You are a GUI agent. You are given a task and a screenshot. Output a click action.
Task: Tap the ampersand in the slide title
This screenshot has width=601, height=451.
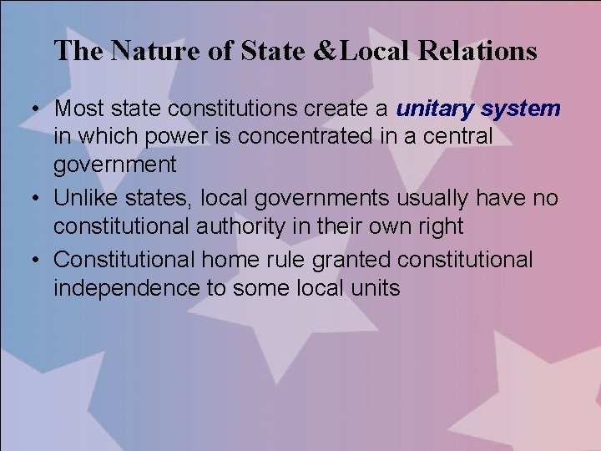(x=330, y=52)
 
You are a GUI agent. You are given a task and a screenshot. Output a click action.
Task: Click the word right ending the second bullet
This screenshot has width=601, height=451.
(x=435, y=226)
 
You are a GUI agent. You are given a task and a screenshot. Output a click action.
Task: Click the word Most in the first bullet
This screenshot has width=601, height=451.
(x=78, y=109)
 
